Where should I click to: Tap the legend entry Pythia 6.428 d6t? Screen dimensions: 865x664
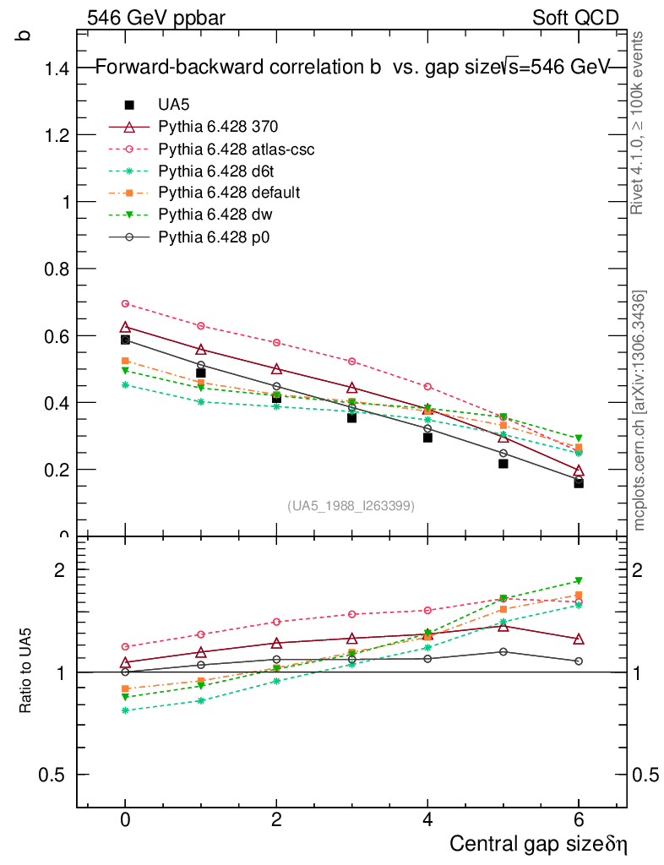tap(206, 171)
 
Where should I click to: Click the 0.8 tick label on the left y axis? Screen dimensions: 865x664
tap(56, 269)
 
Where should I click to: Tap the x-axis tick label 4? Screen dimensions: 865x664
tap(427, 820)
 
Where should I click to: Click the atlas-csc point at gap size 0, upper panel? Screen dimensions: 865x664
tap(125, 303)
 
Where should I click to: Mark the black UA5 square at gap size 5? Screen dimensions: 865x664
tap(503, 463)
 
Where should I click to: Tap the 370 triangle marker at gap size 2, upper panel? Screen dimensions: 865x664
tap(276, 369)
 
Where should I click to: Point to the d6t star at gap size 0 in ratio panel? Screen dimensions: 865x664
tap(125, 710)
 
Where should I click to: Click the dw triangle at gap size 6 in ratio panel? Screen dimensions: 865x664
tap(579, 581)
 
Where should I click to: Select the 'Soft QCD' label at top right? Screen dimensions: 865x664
tap(575, 18)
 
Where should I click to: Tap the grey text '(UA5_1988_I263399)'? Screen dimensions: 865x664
tap(351, 506)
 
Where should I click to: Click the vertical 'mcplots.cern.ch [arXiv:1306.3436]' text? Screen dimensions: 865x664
tap(640, 411)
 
